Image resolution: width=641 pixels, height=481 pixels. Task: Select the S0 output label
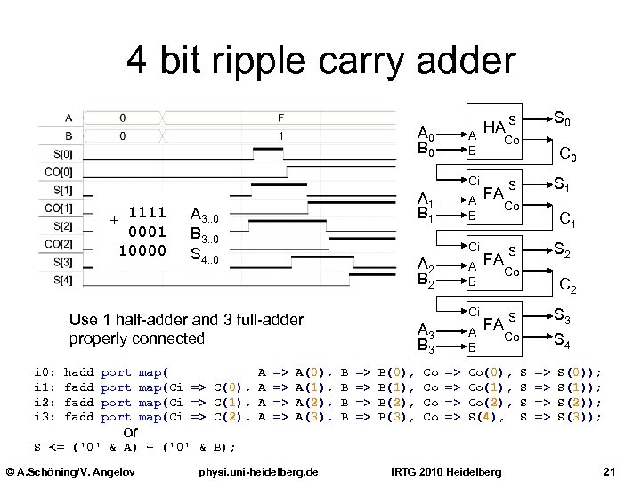coord(564,116)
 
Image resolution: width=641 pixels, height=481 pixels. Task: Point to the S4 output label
coord(564,338)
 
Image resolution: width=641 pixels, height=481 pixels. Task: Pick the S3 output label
coord(564,314)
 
